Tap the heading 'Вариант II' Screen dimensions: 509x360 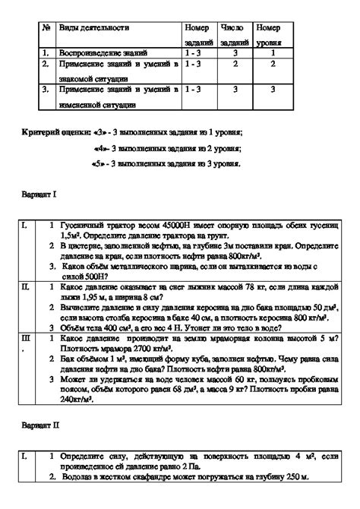point(45,427)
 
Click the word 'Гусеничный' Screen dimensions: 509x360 point(84,226)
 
